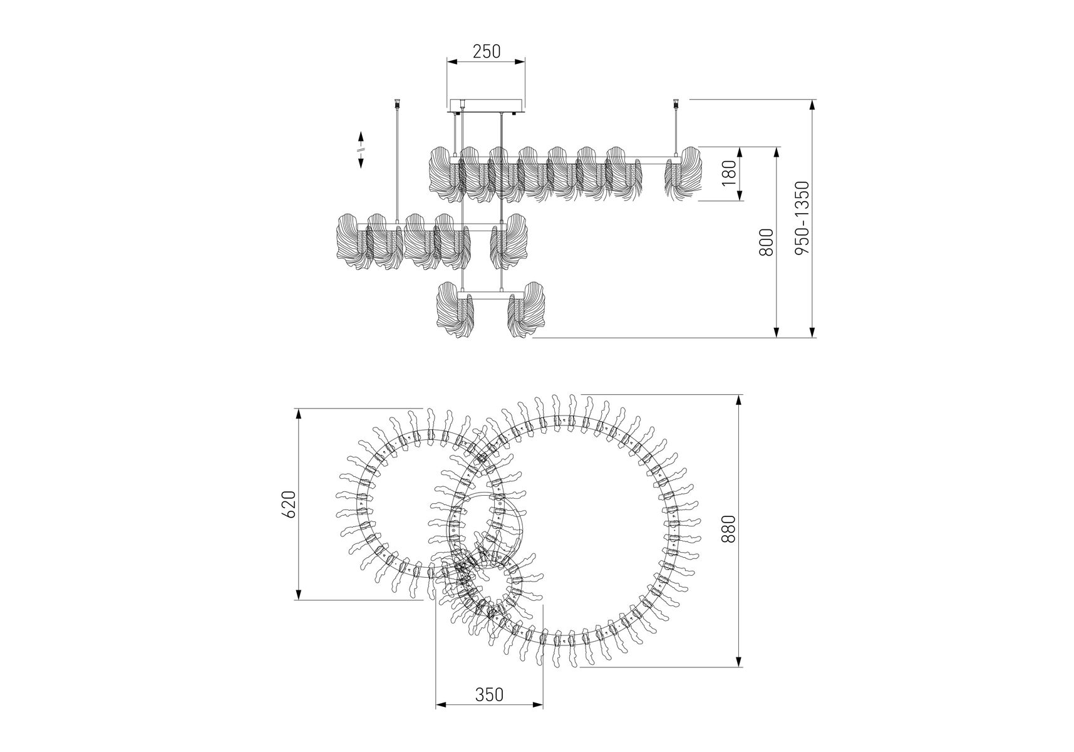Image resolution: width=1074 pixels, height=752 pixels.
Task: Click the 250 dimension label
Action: (486, 51)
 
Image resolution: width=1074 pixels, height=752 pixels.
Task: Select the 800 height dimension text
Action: (765, 242)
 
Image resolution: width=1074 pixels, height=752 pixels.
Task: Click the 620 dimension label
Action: (288, 504)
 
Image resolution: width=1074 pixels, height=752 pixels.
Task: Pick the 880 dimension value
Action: (728, 529)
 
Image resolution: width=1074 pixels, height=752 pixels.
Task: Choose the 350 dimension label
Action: (489, 695)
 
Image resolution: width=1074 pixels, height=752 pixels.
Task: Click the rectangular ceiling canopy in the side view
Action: (486, 105)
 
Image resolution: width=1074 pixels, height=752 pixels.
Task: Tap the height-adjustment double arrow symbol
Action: (361, 150)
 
